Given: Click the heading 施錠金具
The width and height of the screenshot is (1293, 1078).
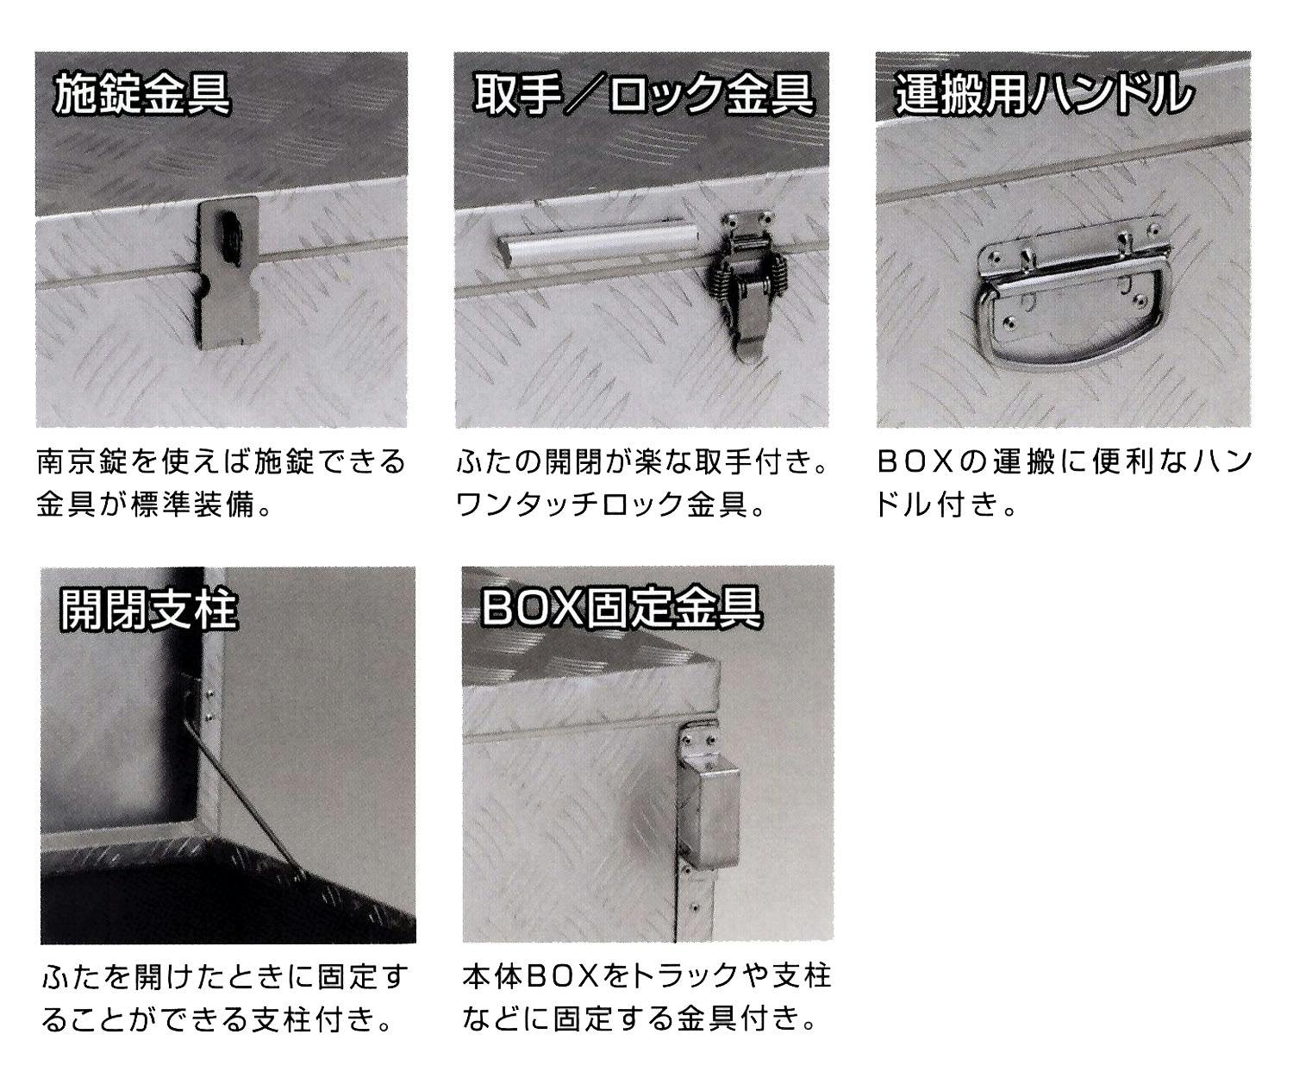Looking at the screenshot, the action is tap(142, 95).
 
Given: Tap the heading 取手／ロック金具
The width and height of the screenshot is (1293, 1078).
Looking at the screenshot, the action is tap(643, 95).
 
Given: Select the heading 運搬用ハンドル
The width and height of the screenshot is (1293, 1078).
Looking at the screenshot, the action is tap(1043, 95).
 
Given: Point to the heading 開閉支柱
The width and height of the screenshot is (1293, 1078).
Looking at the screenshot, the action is tap(148, 610).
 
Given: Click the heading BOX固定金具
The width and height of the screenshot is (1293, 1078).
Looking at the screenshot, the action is tap(622, 608).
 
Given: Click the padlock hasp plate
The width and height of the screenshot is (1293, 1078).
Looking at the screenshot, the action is tap(228, 273).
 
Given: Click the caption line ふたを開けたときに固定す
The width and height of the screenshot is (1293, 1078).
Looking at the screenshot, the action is tap(225, 975).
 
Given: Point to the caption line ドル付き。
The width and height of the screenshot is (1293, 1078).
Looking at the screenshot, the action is tap(946, 505).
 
